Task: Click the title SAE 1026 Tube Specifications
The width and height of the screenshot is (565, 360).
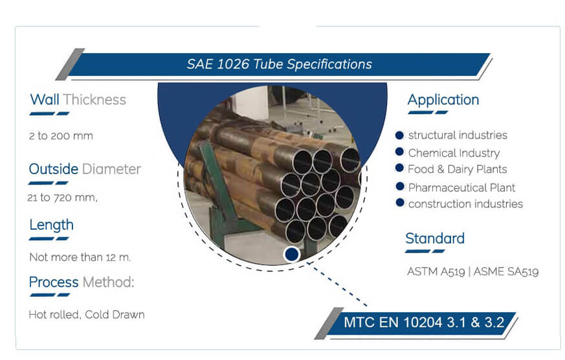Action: pos(279,64)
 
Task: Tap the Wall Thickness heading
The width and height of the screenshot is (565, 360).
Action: pos(78,100)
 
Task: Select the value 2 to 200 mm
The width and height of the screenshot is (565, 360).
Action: pos(61,136)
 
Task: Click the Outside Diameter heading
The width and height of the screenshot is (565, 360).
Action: pos(84,170)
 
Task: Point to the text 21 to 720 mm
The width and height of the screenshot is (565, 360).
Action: pos(63,197)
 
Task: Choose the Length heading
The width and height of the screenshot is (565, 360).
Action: pos(51,225)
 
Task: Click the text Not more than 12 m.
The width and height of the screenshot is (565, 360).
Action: pos(80,257)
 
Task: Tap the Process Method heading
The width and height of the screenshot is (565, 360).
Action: pos(82,282)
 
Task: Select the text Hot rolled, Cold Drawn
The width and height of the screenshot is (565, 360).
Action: pos(86,315)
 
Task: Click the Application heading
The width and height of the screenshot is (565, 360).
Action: pos(443,100)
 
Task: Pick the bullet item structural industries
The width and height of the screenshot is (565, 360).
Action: pos(458,135)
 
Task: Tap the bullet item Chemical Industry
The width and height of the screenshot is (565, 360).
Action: pos(454,153)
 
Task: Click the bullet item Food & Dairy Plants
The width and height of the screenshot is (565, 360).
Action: pos(457,169)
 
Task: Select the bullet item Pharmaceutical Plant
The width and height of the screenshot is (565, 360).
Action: pos(461,187)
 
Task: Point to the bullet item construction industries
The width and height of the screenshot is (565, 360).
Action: pos(465,204)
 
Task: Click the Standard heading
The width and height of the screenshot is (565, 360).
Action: pos(434,238)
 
